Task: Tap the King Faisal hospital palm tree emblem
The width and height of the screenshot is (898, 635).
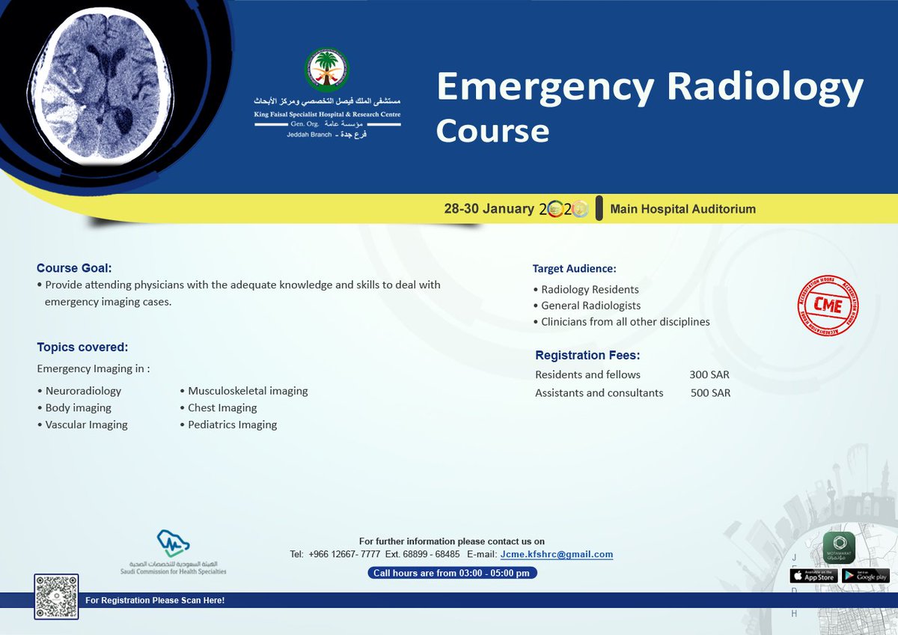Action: [327, 70]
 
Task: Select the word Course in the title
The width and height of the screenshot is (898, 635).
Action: [492, 130]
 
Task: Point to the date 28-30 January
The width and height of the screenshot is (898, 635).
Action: [489, 209]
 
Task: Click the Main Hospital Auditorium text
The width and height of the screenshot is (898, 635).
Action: [682, 209]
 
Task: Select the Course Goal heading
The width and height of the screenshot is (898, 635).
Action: [74, 268]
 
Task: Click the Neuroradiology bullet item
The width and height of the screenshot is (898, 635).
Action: [82, 391]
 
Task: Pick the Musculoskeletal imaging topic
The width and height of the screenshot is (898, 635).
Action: [247, 391]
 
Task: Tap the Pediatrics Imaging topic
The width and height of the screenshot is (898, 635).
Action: [232, 425]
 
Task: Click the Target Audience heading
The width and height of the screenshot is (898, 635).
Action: [574, 268]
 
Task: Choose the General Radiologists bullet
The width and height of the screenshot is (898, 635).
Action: [590, 306]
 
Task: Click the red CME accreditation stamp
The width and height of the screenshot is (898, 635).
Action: [827, 306]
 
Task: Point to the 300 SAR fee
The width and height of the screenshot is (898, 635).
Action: [709, 374]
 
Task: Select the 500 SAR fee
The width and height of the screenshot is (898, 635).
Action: [710, 392]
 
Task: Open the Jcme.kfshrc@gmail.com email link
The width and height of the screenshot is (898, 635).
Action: [557, 554]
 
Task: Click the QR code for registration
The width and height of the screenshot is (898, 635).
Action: [56, 597]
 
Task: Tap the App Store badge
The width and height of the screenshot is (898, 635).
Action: [813, 576]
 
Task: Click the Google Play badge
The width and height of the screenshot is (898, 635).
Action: [865, 576]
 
